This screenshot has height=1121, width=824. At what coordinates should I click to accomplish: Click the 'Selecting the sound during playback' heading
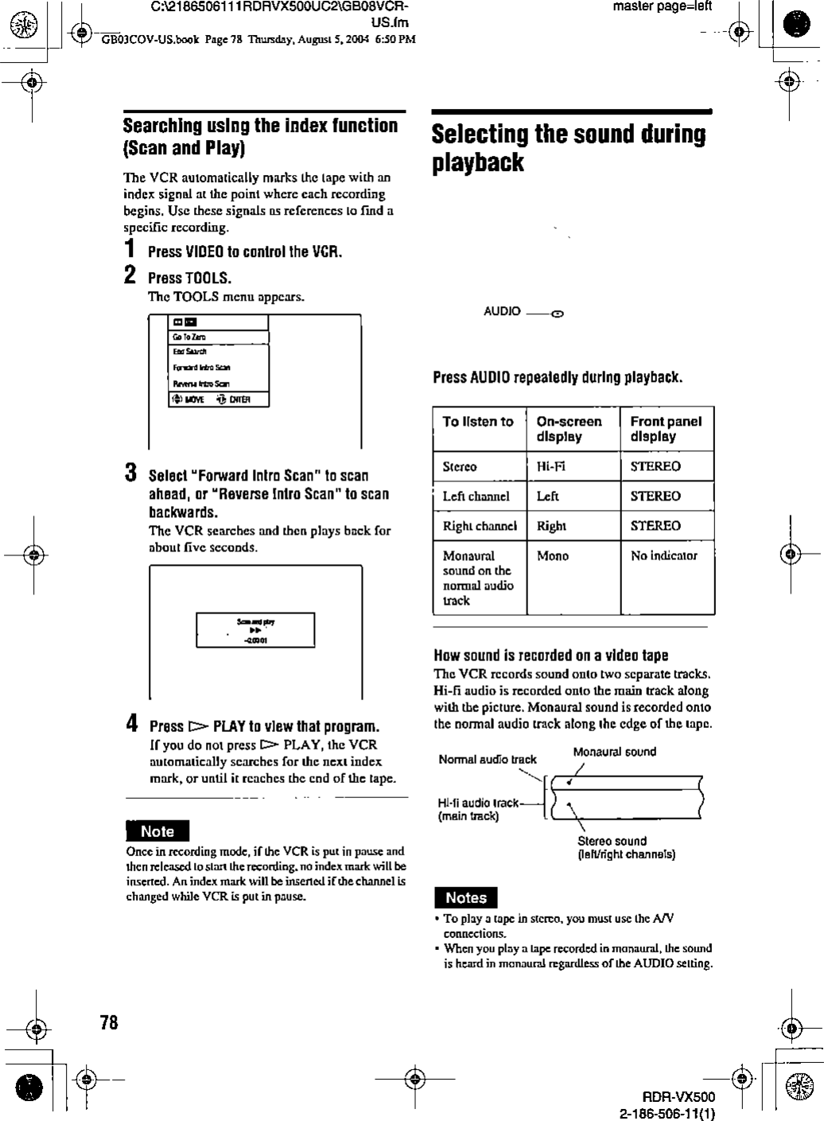[568, 148]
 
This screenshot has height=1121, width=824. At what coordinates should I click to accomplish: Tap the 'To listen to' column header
[478, 422]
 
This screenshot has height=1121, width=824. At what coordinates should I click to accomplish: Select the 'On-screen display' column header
[569, 429]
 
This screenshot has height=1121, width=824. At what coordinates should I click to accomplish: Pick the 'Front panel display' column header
[666, 429]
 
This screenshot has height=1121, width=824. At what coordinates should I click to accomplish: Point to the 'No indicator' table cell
[663, 555]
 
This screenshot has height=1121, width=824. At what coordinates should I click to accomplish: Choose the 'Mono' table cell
[553, 555]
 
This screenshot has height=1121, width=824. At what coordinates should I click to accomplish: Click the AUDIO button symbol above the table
[558, 313]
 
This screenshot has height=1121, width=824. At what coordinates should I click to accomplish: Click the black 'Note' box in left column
[157, 831]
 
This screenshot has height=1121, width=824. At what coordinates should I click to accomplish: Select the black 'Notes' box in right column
[465, 897]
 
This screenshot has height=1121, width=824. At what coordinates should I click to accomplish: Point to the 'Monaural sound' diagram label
[614, 752]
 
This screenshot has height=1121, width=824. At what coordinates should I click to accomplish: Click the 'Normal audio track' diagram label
[488, 760]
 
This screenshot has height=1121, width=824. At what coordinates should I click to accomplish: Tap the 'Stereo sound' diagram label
[612, 841]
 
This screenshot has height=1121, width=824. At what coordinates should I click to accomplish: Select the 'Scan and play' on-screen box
[255, 630]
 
